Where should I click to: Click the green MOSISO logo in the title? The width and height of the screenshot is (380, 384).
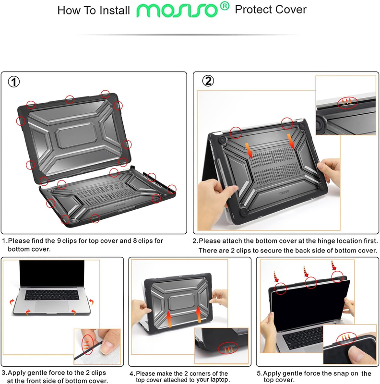tap(177, 11)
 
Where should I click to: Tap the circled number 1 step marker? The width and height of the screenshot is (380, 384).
tap(14, 82)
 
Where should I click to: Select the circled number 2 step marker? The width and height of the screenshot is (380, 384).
tap(208, 81)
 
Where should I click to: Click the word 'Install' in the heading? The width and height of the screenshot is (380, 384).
tap(115, 11)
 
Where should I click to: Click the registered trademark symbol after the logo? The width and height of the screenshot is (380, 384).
tap(225, 6)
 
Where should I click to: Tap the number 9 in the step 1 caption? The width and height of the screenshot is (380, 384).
tap(59, 241)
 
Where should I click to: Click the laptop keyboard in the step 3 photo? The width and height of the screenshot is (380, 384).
tap(52, 295)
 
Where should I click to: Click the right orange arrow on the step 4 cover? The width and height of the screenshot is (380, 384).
tap(199, 314)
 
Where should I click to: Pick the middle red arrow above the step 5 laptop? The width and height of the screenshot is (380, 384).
tap(306, 271)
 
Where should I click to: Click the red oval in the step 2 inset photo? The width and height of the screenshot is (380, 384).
tap(347, 103)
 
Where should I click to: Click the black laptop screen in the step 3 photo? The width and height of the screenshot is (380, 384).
tap(52, 273)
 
